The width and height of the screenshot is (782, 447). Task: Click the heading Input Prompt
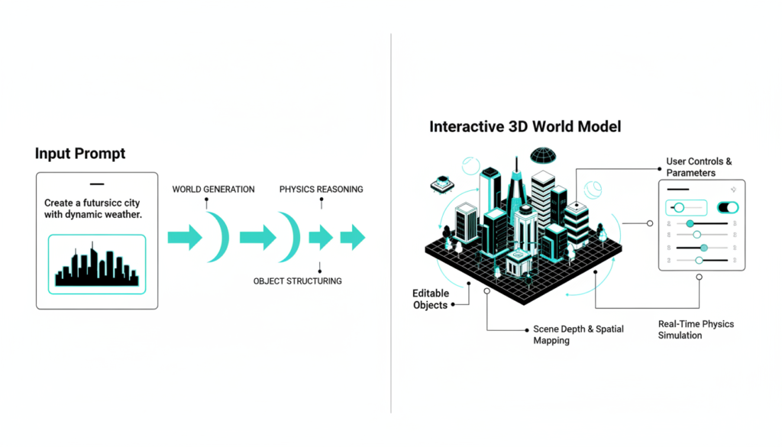tap(80, 154)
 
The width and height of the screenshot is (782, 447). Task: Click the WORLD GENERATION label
tap(213, 189)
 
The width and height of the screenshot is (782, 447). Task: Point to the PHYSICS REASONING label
tap(321, 189)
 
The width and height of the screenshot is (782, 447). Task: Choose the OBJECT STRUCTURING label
tap(297, 281)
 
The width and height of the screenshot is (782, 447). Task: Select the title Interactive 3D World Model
tap(525, 127)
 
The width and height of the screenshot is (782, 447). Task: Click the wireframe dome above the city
tap(543, 156)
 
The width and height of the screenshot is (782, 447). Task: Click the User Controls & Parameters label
tap(699, 167)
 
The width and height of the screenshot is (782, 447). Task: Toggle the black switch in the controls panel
tap(728, 207)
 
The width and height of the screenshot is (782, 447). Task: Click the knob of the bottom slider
tap(699, 261)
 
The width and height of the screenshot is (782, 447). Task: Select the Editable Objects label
tap(431, 299)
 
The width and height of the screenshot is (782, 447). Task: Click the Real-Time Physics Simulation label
tap(696, 329)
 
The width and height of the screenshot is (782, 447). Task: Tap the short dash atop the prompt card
tap(97, 184)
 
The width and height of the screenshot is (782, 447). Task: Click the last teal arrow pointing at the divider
tap(352, 238)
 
